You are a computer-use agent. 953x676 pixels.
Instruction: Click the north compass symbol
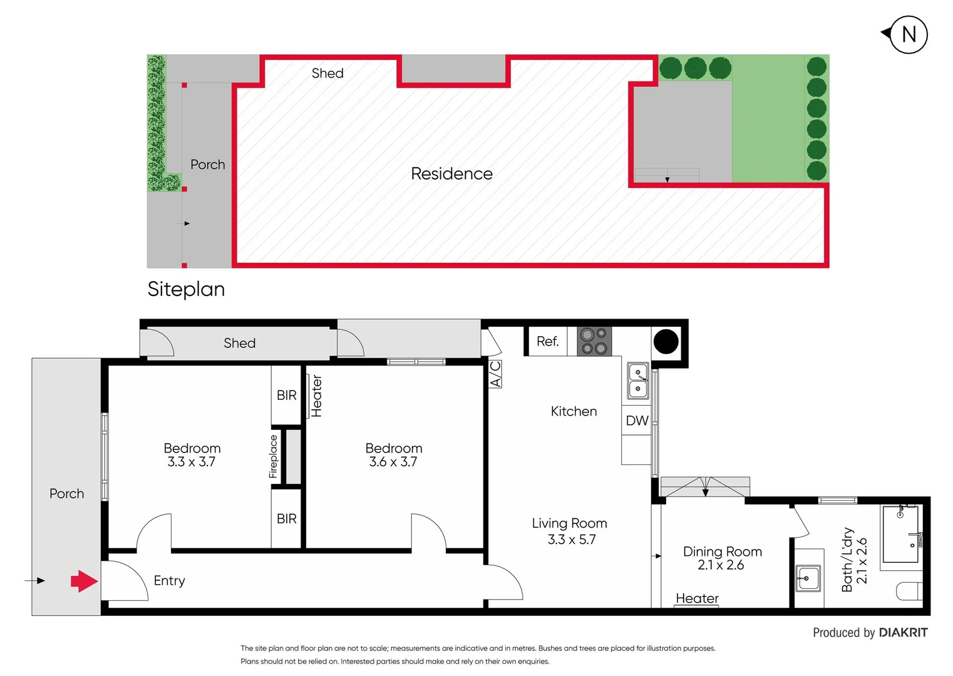(x=907, y=34)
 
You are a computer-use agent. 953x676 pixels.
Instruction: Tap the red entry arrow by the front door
(x=84, y=581)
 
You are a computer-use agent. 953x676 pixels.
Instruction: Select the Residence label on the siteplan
(x=451, y=174)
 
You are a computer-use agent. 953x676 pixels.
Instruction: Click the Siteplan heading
(x=186, y=289)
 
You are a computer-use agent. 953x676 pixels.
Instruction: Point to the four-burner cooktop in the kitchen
(x=594, y=341)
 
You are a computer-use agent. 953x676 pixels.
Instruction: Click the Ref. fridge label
(x=547, y=342)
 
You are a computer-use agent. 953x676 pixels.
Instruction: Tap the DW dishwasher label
(x=637, y=421)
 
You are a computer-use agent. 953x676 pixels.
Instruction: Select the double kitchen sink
(x=638, y=381)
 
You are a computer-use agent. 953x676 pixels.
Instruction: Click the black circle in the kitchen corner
(x=666, y=342)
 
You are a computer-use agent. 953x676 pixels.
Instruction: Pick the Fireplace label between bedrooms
(x=273, y=456)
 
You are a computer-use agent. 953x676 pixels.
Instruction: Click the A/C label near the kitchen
(x=495, y=374)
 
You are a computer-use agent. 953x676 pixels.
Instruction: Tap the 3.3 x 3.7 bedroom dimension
(x=192, y=462)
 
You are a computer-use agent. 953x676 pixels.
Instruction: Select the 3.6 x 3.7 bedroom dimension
(x=393, y=462)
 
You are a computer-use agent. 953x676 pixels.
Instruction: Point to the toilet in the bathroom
(x=909, y=591)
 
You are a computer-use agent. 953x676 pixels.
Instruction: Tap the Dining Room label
(x=722, y=551)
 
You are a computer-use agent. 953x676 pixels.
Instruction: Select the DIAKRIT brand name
(x=903, y=633)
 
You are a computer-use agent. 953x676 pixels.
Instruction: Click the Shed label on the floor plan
(x=239, y=343)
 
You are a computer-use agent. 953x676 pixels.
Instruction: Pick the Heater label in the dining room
(x=697, y=598)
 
